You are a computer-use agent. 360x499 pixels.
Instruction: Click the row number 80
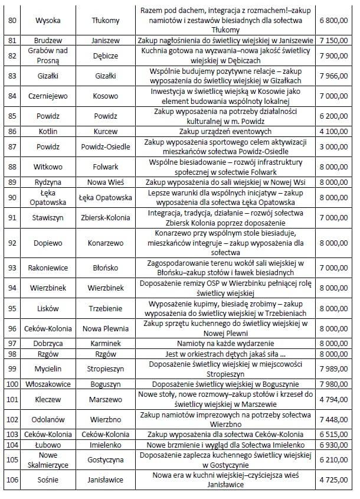click(x=11, y=20)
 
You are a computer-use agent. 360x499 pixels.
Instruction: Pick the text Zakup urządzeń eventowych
click(x=225, y=131)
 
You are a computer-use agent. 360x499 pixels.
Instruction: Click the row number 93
click(x=11, y=268)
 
